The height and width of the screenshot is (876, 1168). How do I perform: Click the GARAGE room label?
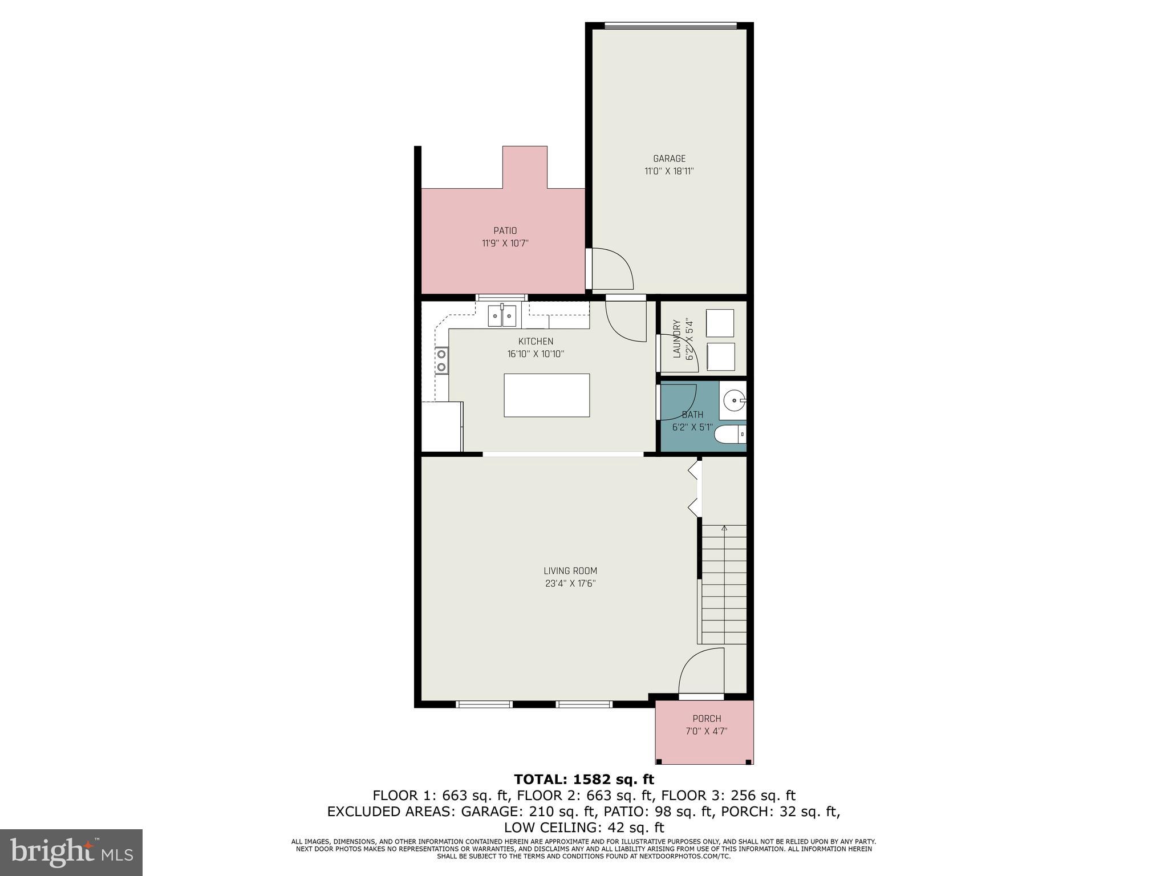point(669,159)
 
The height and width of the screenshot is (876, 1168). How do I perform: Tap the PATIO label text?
point(505,230)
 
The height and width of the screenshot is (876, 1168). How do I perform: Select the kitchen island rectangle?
point(546,395)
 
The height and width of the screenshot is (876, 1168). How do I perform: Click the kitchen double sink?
point(502,315)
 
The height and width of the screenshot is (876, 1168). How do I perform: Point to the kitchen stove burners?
point(441,360)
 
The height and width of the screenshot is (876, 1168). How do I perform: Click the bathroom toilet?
point(730,434)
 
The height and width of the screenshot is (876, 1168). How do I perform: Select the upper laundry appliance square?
point(720,323)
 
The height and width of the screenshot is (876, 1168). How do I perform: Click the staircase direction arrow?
point(724,529)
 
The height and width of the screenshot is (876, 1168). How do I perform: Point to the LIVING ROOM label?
point(570,570)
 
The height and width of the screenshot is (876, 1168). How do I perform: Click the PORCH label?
point(707,719)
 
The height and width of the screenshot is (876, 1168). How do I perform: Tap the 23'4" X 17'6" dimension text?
point(570,583)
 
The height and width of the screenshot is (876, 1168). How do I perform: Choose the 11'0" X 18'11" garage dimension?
point(669,171)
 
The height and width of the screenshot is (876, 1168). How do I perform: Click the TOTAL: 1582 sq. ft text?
point(583,779)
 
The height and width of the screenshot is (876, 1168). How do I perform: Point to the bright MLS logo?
point(71,853)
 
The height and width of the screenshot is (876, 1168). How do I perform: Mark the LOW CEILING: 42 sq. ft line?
point(583,827)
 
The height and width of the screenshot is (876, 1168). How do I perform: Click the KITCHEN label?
point(536,341)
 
